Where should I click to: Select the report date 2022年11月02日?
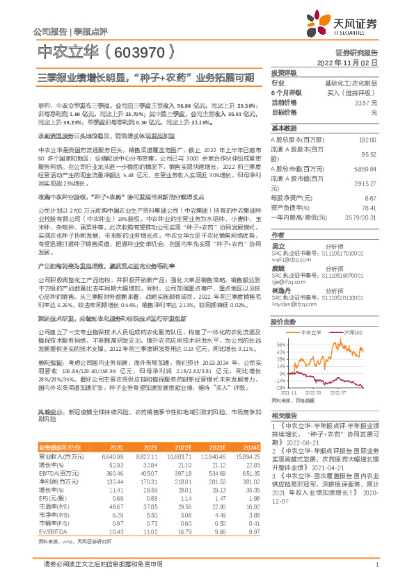coord(347,62)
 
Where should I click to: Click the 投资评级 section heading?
coord(284,73)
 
